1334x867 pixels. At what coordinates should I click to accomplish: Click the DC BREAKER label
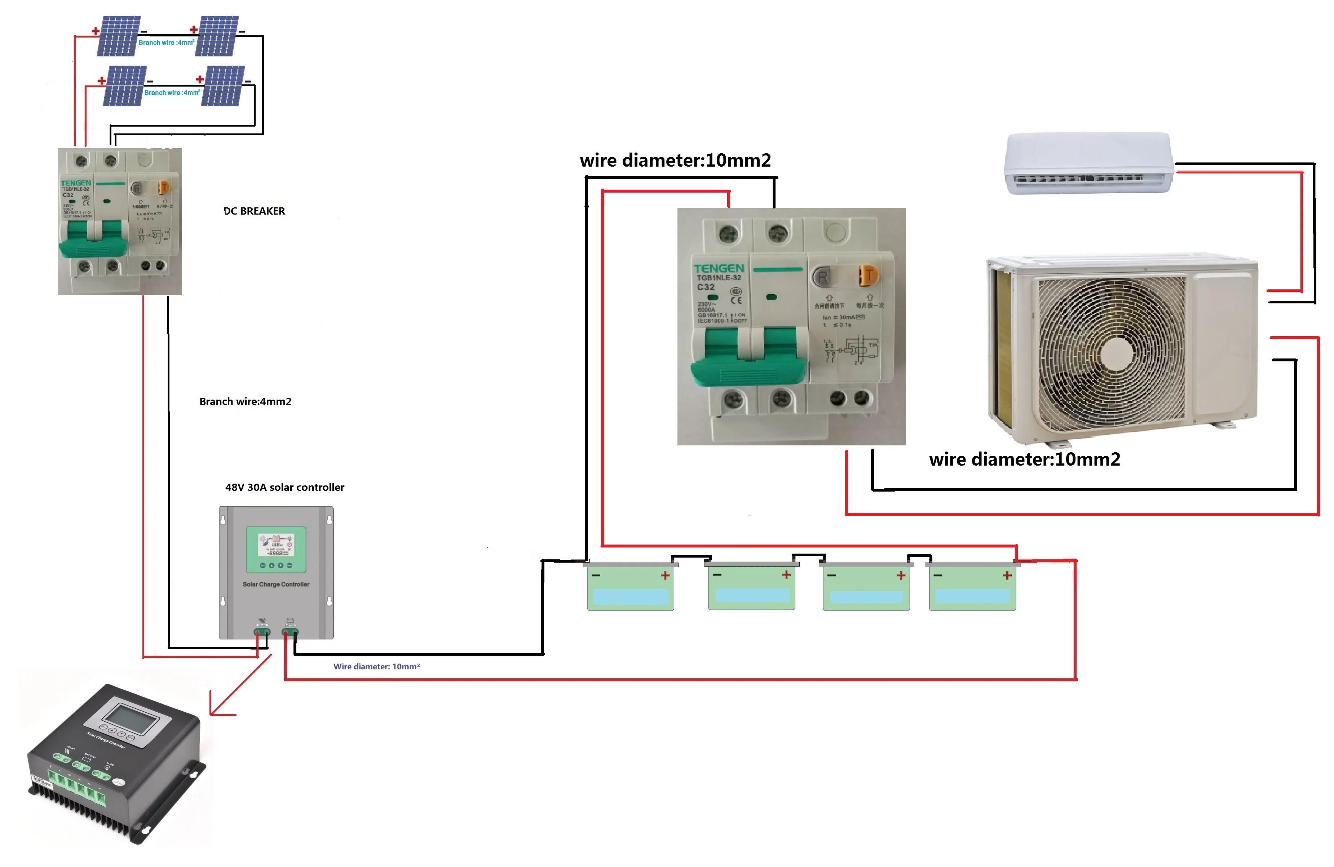(x=255, y=211)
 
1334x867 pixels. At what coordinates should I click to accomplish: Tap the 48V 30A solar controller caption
(x=285, y=487)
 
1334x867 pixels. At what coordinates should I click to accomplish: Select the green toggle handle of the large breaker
(x=748, y=359)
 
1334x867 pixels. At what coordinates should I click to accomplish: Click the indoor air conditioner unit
(x=1087, y=163)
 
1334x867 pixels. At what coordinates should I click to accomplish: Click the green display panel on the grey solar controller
(x=276, y=549)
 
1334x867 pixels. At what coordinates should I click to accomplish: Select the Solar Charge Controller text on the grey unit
(x=276, y=584)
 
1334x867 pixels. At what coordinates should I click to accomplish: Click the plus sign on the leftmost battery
(x=665, y=575)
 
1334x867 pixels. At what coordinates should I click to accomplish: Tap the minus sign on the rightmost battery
(x=938, y=575)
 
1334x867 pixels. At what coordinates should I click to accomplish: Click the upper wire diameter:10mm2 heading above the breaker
(x=675, y=160)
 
